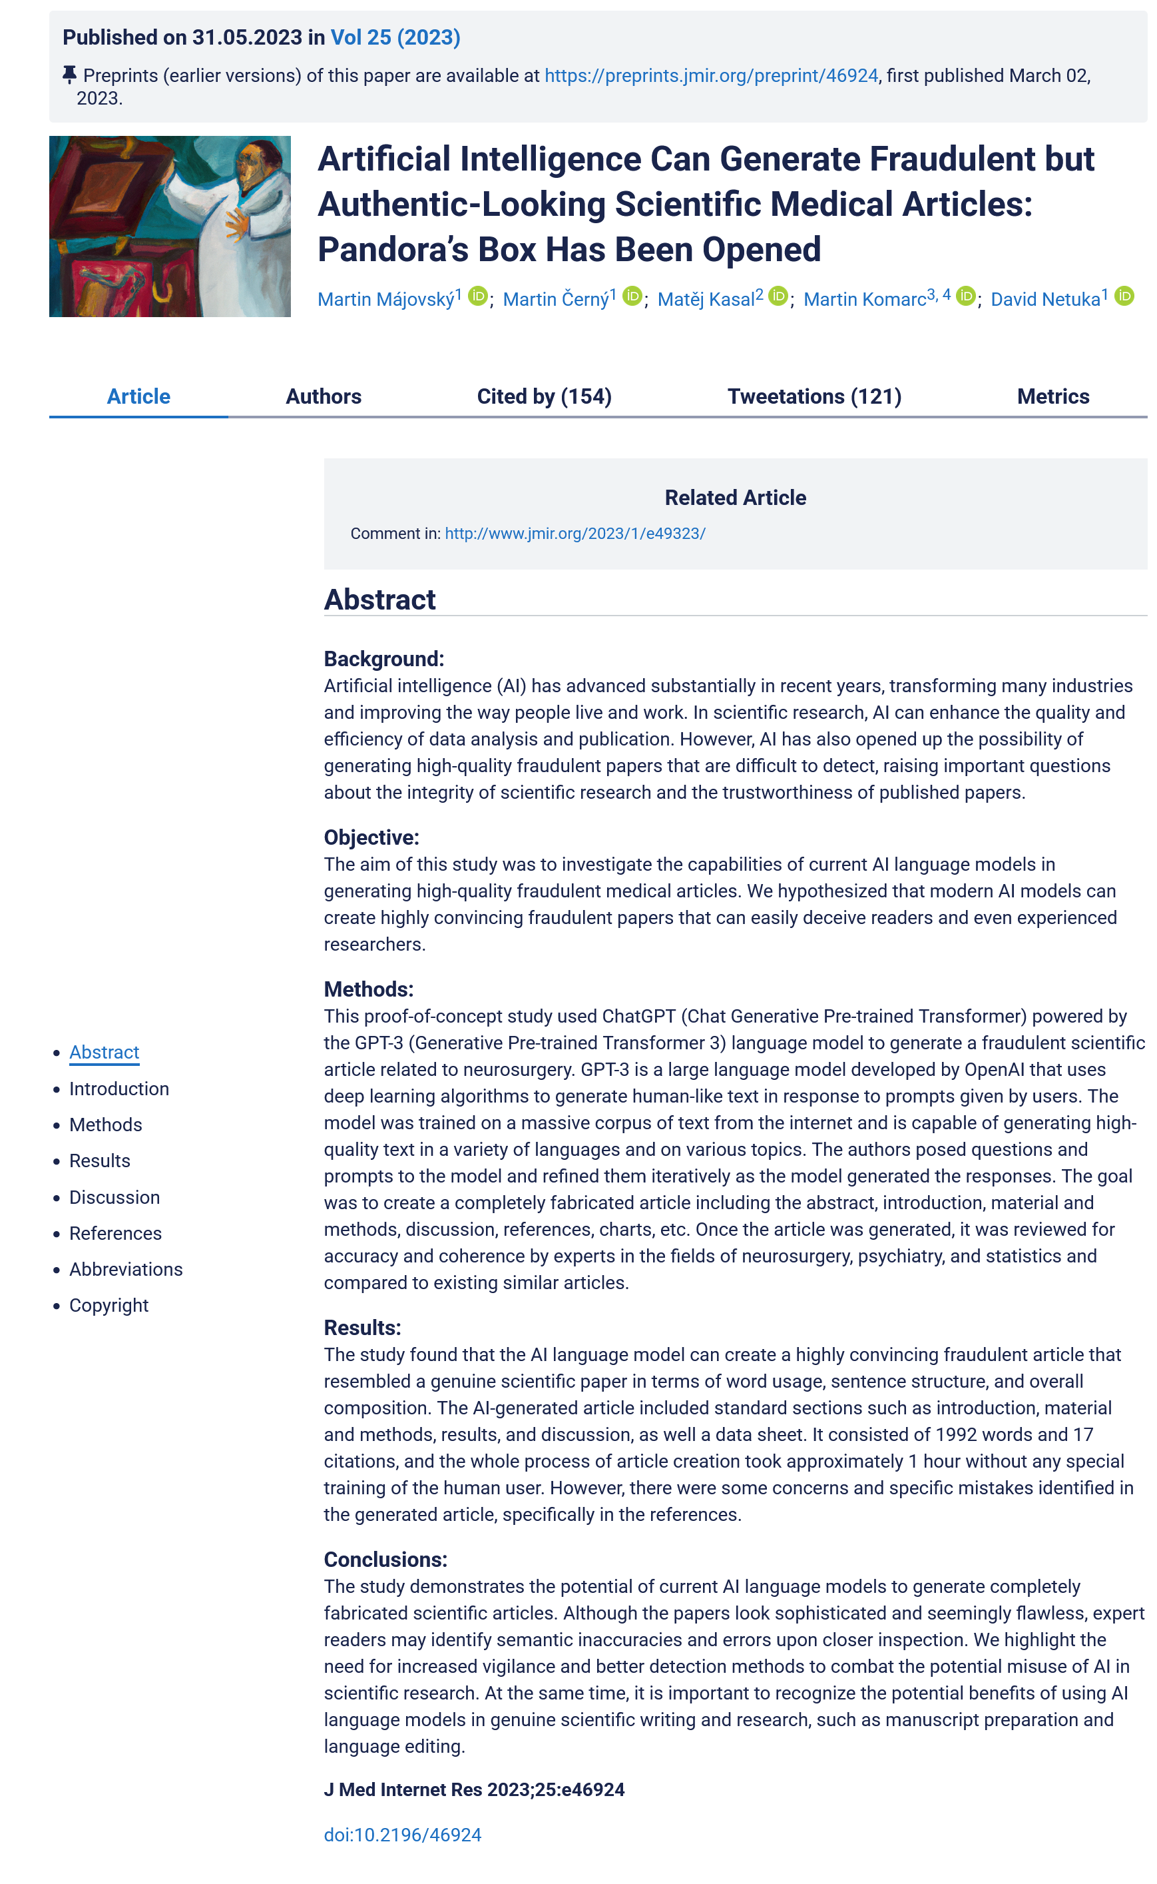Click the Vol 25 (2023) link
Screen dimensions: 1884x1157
coord(395,37)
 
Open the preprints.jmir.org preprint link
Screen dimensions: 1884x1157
coord(711,76)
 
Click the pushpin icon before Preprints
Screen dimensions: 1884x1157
coord(69,75)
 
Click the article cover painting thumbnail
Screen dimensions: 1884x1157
coord(170,227)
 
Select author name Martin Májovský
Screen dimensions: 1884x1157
coord(385,299)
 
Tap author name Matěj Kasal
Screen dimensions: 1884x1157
coord(706,299)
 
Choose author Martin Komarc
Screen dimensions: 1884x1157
coord(864,299)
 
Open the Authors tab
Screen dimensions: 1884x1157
coord(323,396)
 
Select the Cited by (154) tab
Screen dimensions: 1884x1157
coord(544,396)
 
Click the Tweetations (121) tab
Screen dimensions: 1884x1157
coord(814,396)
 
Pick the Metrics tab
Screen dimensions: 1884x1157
coord(1053,396)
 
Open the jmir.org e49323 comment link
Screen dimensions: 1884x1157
coord(575,534)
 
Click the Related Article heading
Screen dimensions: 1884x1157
coord(734,498)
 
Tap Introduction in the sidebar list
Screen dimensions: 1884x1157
coord(118,1089)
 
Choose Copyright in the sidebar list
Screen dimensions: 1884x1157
coord(109,1305)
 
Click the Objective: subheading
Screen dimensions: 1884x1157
coord(371,837)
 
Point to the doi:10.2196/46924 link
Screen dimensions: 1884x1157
coord(403,1835)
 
